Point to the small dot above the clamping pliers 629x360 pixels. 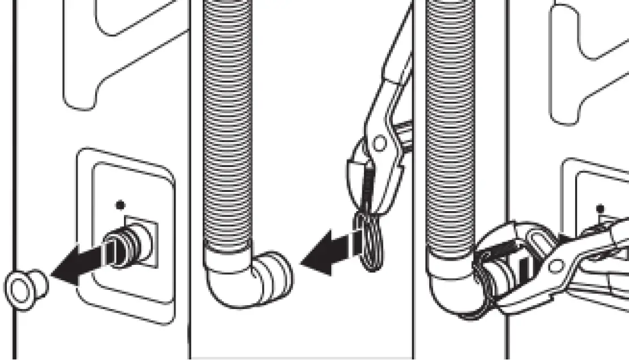click(x=601, y=209)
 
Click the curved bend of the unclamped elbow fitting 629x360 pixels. click(x=226, y=289)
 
